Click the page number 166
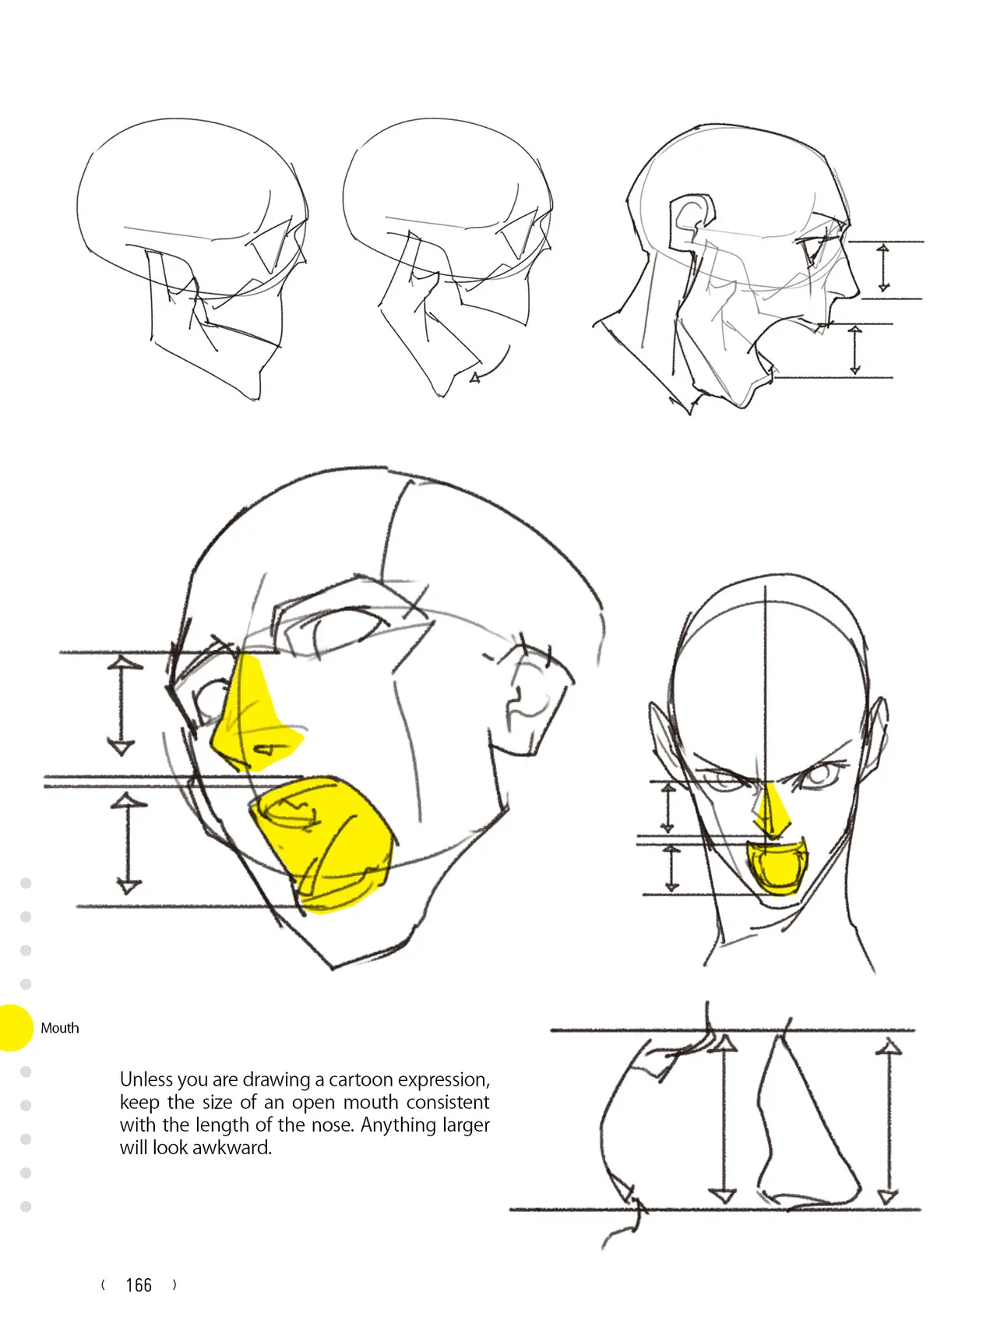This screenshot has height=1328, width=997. click(139, 1285)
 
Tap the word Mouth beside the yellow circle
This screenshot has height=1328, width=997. click(60, 1028)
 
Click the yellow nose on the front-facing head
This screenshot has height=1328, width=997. click(771, 811)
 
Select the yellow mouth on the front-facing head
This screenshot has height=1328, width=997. click(777, 865)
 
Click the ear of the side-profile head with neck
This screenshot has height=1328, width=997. click(692, 221)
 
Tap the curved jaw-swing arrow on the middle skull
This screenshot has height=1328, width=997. click(491, 366)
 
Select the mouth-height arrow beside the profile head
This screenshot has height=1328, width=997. click(855, 351)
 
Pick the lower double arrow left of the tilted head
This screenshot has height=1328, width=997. click(129, 843)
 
